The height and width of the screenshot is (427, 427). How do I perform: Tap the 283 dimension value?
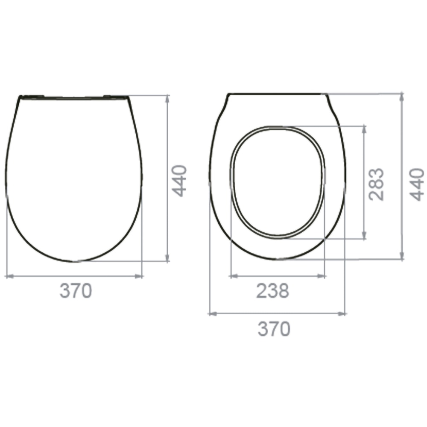(x=377, y=184)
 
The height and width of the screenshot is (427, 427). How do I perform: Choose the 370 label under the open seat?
(x=274, y=328)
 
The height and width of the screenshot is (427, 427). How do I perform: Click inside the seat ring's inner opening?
(x=278, y=181)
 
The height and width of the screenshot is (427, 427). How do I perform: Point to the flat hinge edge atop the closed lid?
(x=74, y=97)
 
